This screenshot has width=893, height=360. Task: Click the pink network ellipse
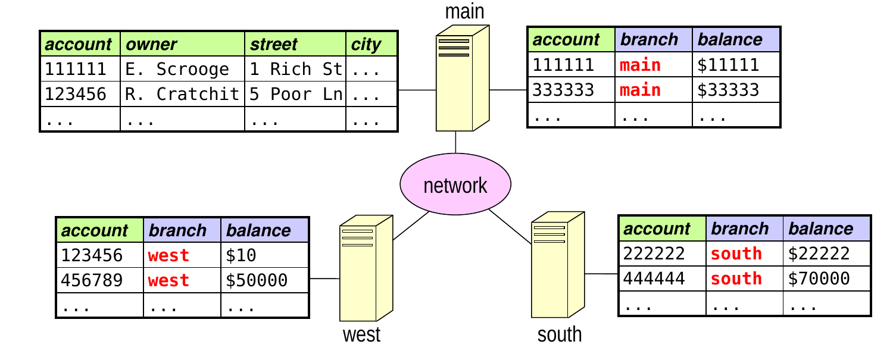pos(455,184)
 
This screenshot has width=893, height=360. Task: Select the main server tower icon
pos(463,78)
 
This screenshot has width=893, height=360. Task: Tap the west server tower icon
pos(366,268)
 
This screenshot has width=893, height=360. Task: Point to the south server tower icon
pos(558,264)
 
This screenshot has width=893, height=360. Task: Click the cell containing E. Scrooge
pos(182,69)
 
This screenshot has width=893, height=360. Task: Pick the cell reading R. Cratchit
pos(182,94)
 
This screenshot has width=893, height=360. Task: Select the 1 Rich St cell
pos(295,69)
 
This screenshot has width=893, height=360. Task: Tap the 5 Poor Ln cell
pos(295,94)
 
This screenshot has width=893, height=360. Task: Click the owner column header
pos(182,44)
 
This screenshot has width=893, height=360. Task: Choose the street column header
pos(295,44)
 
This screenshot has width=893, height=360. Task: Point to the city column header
pos(371,44)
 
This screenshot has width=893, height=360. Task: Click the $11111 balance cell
pos(735,65)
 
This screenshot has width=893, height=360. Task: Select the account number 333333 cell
pos(572,90)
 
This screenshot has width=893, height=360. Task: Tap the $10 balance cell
pos(264,255)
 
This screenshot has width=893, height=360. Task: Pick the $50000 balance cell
pos(264,280)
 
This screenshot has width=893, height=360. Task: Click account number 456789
pos(99,280)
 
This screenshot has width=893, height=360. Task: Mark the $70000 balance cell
pos(826,278)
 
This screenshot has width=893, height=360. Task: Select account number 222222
pos(662,253)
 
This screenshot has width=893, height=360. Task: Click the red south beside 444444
pos(736,278)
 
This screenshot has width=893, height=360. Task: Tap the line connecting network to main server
pos(455,142)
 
